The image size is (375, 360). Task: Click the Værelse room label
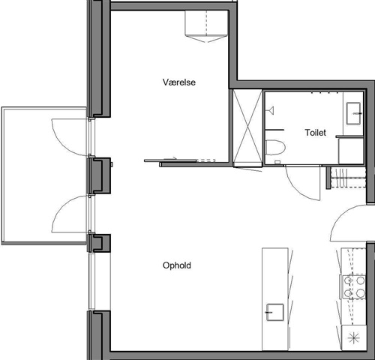pyautogui.click(x=179, y=82)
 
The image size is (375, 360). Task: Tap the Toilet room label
pyautogui.click(x=315, y=133)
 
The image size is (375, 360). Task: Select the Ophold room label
pyautogui.click(x=177, y=265)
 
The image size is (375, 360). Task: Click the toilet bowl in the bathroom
pyautogui.click(x=275, y=148)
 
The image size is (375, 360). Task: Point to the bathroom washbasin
pyautogui.click(x=353, y=113)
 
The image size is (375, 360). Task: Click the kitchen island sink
pyautogui.click(x=275, y=312)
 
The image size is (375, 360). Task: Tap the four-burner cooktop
pyautogui.click(x=354, y=286)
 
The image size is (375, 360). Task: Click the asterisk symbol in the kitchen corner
pyautogui.click(x=354, y=338)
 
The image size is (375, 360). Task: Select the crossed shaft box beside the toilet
pyautogui.click(x=247, y=128)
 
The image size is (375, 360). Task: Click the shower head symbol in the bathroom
pyautogui.click(x=271, y=110)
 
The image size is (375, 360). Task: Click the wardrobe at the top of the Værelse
pyautogui.click(x=206, y=26)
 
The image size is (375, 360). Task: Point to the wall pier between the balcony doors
pyautogui.click(x=100, y=175)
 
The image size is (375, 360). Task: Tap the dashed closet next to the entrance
pyautogui.click(x=348, y=178)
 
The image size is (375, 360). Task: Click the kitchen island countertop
pyautogui.click(x=275, y=299)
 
